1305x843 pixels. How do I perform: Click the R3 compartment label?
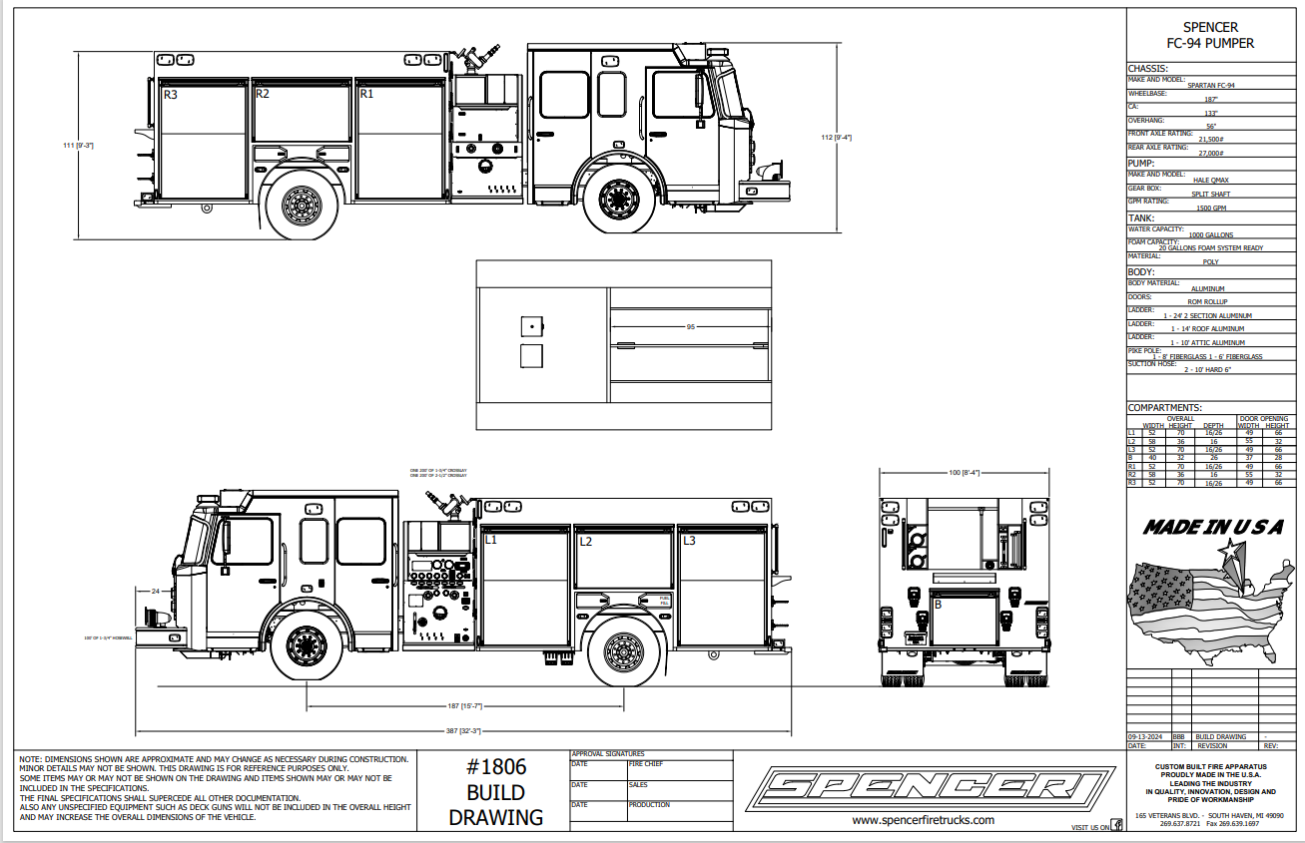(x=171, y=95)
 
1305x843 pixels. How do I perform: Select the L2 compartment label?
(x=586, y=542)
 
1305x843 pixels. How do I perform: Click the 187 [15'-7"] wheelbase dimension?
(x=465, y=706)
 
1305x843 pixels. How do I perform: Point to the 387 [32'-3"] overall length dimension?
(x=465, y=731)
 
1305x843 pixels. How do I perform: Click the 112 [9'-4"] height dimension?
(x=835, y=138)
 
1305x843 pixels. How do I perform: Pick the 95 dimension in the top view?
(x=690, y=327)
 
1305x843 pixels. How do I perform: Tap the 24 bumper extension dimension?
(x=156, y=592)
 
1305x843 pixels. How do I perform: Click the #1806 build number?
(x=496, y=767)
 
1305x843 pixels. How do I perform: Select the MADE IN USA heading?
(x=1212, y=528)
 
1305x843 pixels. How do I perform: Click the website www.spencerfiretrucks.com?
(x=923, y=820)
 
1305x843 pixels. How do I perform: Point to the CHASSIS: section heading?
(x=1147, y=69)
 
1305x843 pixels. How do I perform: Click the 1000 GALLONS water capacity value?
(x=1210, y=235)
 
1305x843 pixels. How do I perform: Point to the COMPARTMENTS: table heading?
(x=1164, y=408)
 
